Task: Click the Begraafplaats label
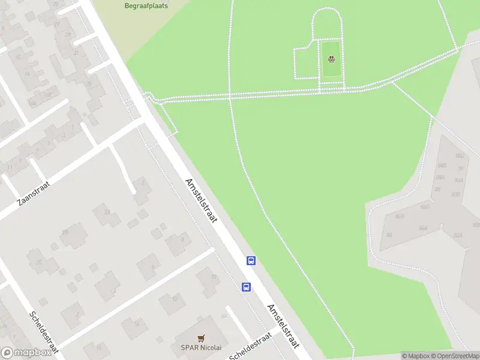pyautogui.click(x=146, y=5)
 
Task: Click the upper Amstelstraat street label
pyautogui.click(x=201, y=201)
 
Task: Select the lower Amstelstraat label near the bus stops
pyautogui.click(x=283, y=326)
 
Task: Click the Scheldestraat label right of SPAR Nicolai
pyautogui.click(x=251, y=346)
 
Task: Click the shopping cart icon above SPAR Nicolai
pyautogui.click(x=200, y=338)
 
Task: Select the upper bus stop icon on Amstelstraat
pyautogui.click(x=251, y=260)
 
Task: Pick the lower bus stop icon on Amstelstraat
pyautogui.click(x=246, y=287)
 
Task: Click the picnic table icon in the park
pyautogui.click(x=331, y=59)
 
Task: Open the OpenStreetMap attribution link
pyautogui.click(x=455, y=356)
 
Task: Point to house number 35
pyautogui.click(x=88, y=83)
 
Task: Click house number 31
pyautogui.click(x=76, y=53)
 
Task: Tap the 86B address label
pyautogui.click(x=400, y=216)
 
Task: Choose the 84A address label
pyautogui.click(x=423, y=229)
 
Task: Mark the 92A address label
pyautogui.click(x=459, y=179)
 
